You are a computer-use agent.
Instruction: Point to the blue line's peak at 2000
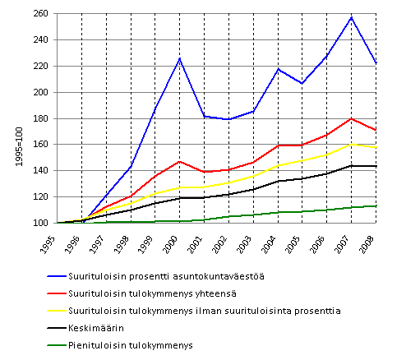pos(180,58)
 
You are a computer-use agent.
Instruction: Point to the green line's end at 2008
pos(376,206)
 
